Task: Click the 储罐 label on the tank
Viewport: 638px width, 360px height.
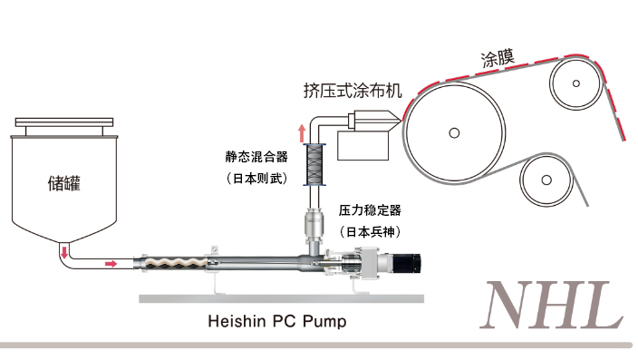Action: pyautogui.click(x=63, y=183)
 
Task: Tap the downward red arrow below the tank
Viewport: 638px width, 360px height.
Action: pyautogui.click(x=63, y=251)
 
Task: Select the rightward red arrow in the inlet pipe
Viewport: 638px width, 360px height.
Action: pyautogui.click(x=111, y=264)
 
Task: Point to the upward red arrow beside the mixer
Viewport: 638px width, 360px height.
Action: pyautogui.click(x=302, y=133)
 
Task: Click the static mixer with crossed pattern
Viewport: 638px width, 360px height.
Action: pyautogui.click(x=314, y=164)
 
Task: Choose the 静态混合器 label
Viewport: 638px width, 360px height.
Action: pyautogui.click(x=256, y=156)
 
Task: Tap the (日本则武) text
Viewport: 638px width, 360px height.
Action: pyautogui.click(x=256, y=178)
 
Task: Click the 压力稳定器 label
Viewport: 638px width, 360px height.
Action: pyautogui.click(x=370, y=210)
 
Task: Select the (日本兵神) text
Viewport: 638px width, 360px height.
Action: pyautogui.click(x=370, y=232)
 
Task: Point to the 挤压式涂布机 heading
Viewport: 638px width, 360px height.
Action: pyautogui.click(x=353, y=91)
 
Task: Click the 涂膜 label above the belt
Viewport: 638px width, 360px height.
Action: pyautogui.click(x=498, y=59)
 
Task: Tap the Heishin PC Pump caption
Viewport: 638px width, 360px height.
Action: pyautogui.click(x=277, y=321)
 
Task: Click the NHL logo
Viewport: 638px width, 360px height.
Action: pyautogui.click(x=552, y=305)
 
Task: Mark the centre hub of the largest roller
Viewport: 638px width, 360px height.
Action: pyautogui.click(x=454, y=132)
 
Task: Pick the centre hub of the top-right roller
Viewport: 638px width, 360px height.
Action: pyautogui.click(x=575, y=83)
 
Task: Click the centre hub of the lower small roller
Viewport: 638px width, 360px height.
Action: pyautogui.click(x=546, y=180)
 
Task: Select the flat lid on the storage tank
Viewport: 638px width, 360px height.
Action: pyautogui.click(x=64, y=122)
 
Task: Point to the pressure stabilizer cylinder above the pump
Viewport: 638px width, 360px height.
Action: pyautogui.click(x=314, y=223)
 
